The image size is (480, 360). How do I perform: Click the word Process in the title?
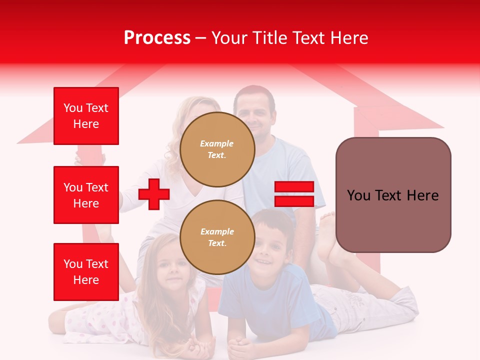point(157,38)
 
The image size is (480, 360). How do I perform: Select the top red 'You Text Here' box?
point(86,116)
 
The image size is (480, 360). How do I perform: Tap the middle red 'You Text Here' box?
point(86,195)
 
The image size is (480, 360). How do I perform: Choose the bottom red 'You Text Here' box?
point(86,272)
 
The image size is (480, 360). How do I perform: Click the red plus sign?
point(154,194)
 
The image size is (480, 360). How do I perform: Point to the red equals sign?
point(294,194)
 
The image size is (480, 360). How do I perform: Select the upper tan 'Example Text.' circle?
point(217,149)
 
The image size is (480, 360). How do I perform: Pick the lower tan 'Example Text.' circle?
point(217,237)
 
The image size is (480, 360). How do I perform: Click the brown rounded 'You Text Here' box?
point(393,195)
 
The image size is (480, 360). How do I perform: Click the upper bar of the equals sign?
point(294,187)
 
